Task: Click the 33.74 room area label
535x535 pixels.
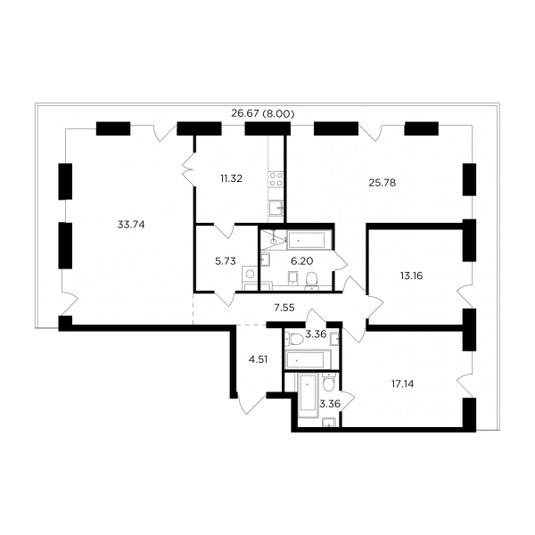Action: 131,225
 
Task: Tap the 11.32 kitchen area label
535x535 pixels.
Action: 231,178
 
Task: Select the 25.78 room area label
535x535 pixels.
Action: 383,183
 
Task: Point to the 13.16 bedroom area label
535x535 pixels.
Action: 411,276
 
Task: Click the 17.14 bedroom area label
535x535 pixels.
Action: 403,384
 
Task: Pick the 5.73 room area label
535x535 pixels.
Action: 226,261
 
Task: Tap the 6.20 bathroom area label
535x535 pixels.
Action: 302,261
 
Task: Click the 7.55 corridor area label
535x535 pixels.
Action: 284,308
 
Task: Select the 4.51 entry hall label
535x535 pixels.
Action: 258,359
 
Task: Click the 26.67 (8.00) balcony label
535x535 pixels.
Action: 263,113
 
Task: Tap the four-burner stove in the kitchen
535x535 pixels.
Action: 276,179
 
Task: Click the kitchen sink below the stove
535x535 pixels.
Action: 276,208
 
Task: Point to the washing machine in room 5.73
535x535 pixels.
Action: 250,275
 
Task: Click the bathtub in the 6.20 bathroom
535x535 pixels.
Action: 306,241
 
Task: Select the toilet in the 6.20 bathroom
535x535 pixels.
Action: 312,281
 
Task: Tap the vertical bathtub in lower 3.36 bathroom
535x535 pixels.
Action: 309,395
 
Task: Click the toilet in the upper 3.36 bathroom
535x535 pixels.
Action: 295,339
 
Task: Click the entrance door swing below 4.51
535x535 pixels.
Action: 251,404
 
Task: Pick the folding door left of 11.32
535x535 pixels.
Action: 188,169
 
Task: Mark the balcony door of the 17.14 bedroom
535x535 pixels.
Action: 464,383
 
